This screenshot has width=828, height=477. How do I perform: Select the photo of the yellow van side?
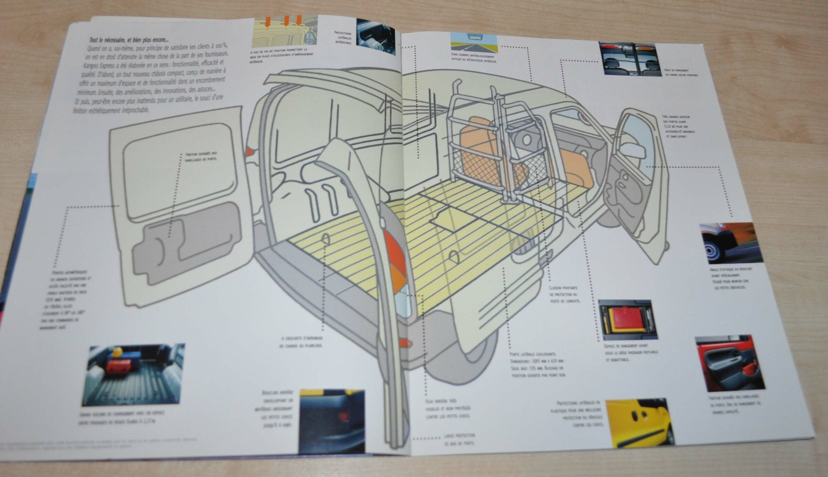(639, 422)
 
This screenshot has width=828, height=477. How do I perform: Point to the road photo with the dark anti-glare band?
(474, 43)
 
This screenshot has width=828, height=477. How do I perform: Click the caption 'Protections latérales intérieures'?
(343, 38)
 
